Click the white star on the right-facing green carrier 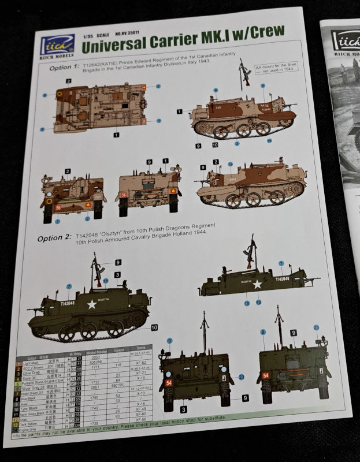257,284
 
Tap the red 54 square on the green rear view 266,375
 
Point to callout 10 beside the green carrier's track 154,327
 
